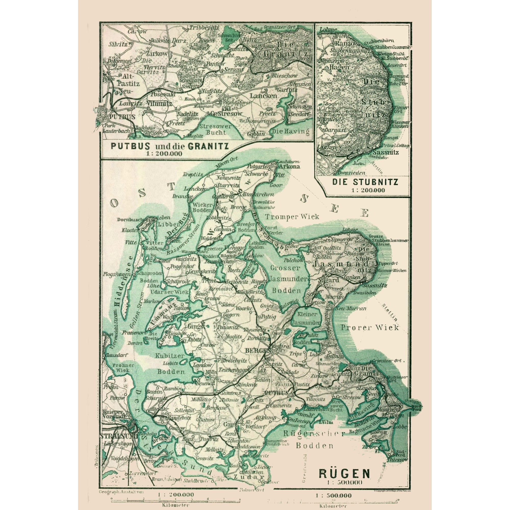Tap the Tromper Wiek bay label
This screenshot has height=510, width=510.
point(292,217)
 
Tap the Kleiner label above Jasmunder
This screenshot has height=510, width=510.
point(307,314)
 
